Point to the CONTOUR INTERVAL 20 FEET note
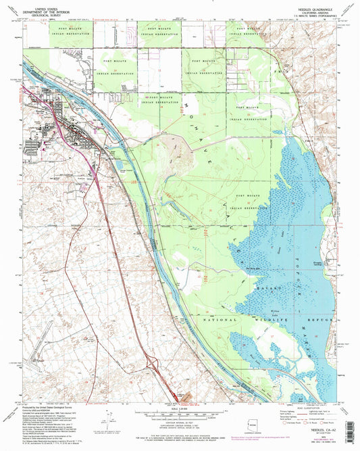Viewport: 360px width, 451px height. pos(179,424)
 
